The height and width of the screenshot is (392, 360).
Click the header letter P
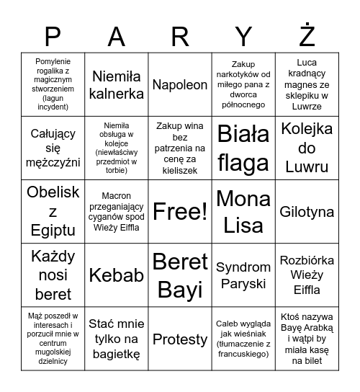(x=53, y=35)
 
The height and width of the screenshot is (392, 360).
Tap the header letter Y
(x=243, y=35)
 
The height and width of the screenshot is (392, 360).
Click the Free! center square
(x=180, y=212)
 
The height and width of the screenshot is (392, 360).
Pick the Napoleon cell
(x=180, y=84)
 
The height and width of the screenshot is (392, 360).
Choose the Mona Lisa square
(x=243, y=212)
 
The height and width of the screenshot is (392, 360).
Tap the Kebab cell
(x=117, y=275)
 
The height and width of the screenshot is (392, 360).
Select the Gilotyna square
(x=307, y=212)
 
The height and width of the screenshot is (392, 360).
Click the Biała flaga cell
(x=243, y=148)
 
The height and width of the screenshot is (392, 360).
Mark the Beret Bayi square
(x=180, y=275)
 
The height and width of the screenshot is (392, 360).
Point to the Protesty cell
(x=180, y=338)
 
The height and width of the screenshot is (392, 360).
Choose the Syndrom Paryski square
(x=243, y=275)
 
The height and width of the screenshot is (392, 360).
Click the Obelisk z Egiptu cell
(x=53, y=212)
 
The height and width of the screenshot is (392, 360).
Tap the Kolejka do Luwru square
(x=307, y=148)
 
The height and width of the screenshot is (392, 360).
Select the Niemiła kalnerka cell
(x=117, y=84)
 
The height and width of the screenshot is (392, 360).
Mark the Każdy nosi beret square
(x=53, y=275)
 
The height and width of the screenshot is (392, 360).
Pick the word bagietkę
(x=117, y=354)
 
